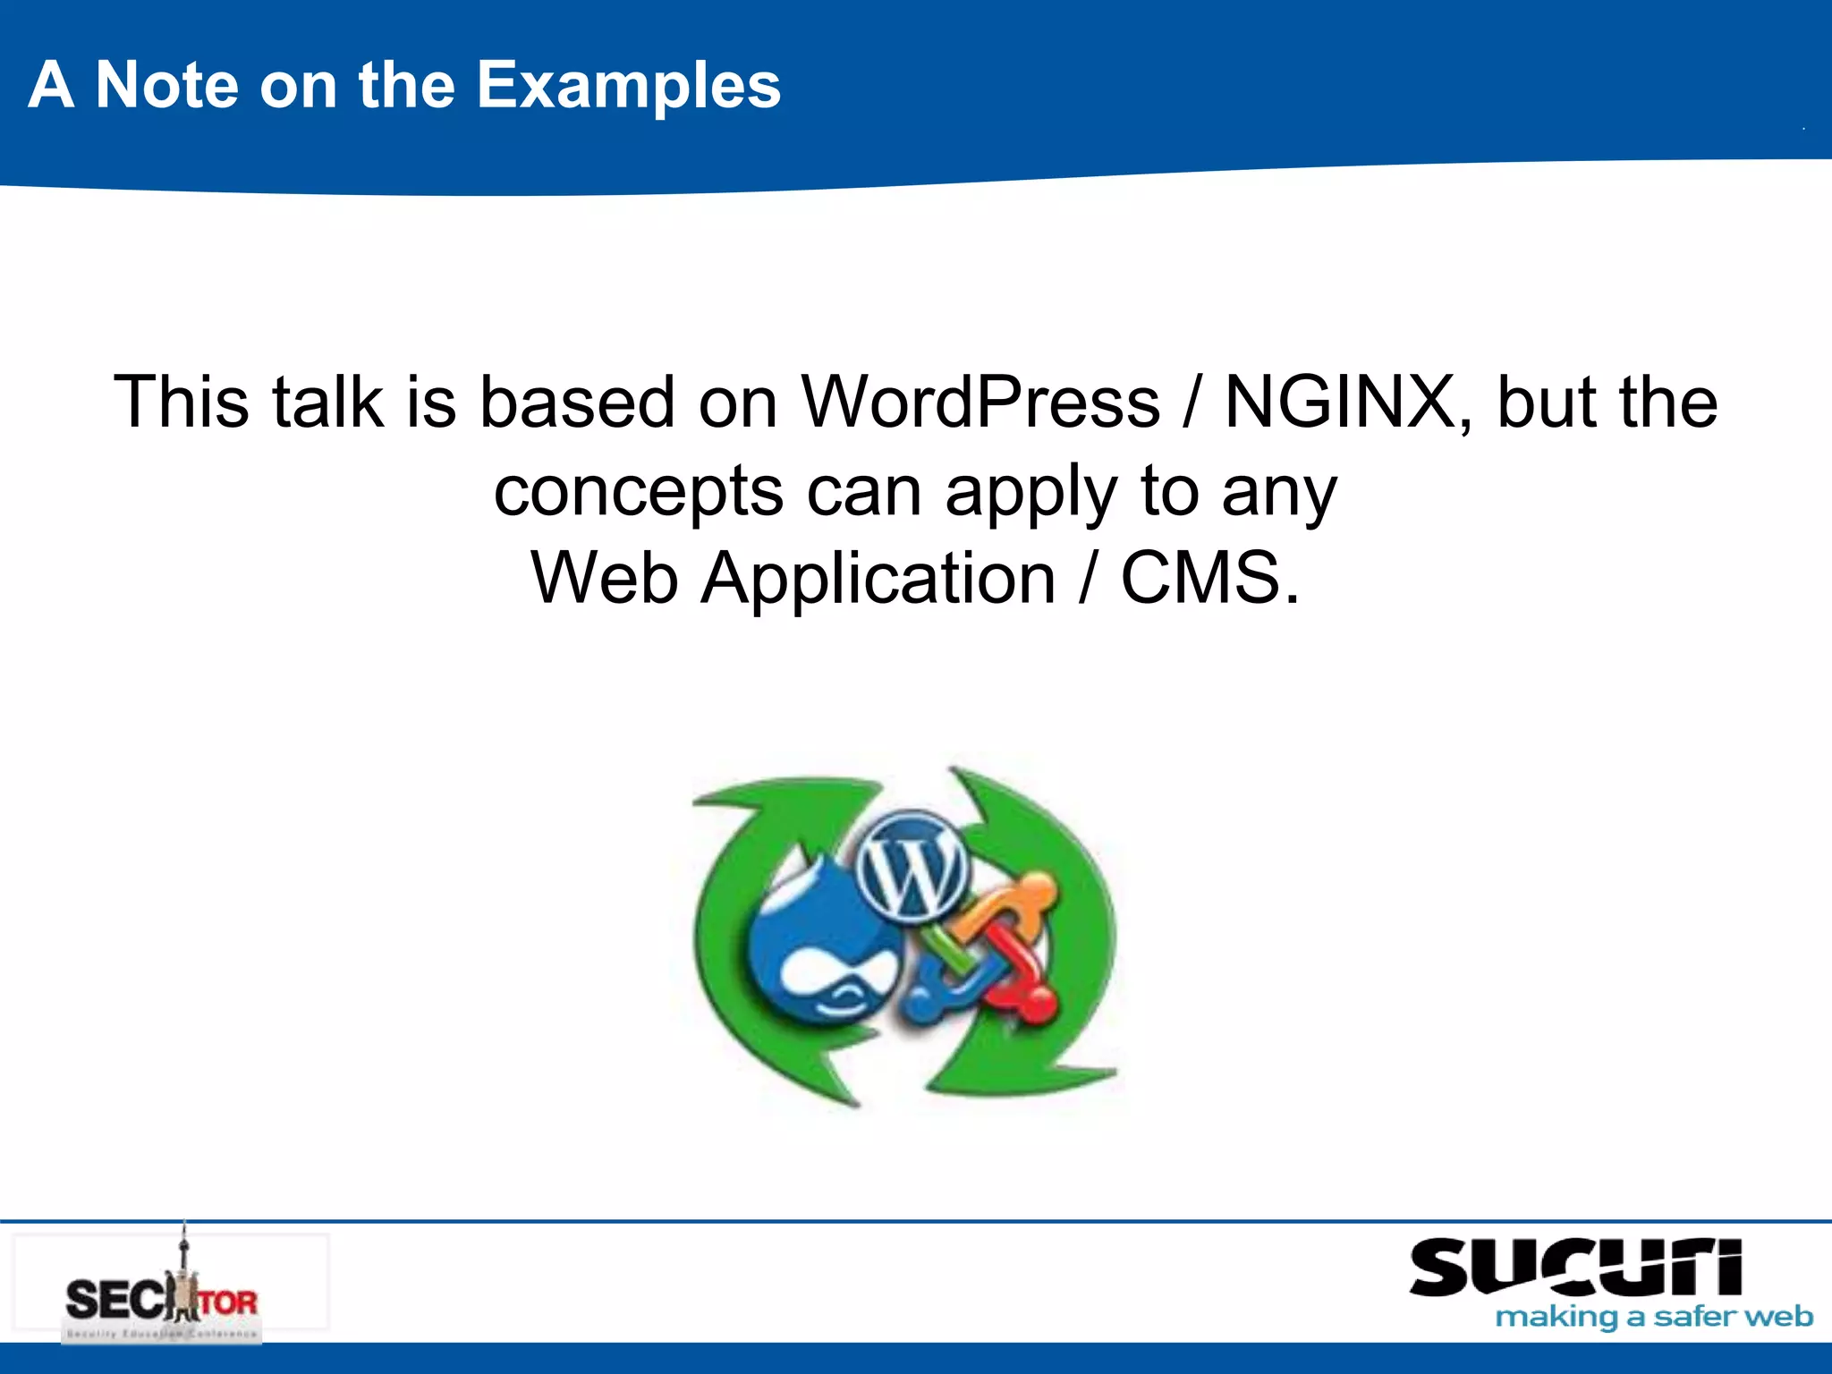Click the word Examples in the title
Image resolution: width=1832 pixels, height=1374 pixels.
click(628, 86)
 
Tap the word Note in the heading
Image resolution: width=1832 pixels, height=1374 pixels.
click(166, 86)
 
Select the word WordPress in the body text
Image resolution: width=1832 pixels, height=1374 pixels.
click(980, 403)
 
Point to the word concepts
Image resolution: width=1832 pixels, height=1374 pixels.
click(639, 492)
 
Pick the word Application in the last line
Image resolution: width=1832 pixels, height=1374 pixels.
click(878, 579)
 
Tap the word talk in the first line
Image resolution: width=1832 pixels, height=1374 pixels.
click(327, 403)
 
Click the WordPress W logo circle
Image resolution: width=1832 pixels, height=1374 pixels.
click(911, 865)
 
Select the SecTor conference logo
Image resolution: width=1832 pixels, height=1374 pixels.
click(170, 1288)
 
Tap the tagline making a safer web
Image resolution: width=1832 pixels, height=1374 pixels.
click(1653, 1317)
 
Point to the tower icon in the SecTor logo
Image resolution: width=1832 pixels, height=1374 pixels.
click(184, 1270)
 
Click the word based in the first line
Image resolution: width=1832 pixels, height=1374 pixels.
click(577, 403)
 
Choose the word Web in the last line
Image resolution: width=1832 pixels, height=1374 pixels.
click(604, 579)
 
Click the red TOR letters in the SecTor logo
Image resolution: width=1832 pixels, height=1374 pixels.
click(228, 1302)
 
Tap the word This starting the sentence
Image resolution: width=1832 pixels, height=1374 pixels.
click(181, 403)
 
